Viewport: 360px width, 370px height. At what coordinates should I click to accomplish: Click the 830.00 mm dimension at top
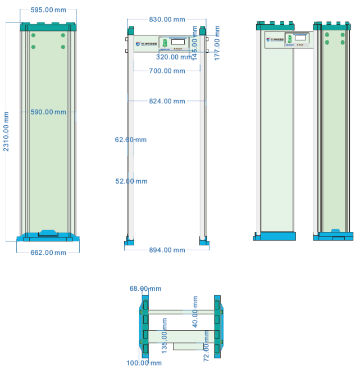167,19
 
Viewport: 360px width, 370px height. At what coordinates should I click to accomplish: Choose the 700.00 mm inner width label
167,71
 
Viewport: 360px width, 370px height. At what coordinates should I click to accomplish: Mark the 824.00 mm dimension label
167,101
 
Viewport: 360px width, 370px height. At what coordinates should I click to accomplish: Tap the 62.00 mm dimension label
131,139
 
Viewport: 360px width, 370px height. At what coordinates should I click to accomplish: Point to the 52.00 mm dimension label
131,181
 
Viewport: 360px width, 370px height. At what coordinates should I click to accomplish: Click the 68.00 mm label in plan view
145,289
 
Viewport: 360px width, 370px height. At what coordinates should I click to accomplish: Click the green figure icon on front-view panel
165,43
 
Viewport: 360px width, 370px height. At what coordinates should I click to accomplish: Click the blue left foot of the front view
130,241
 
